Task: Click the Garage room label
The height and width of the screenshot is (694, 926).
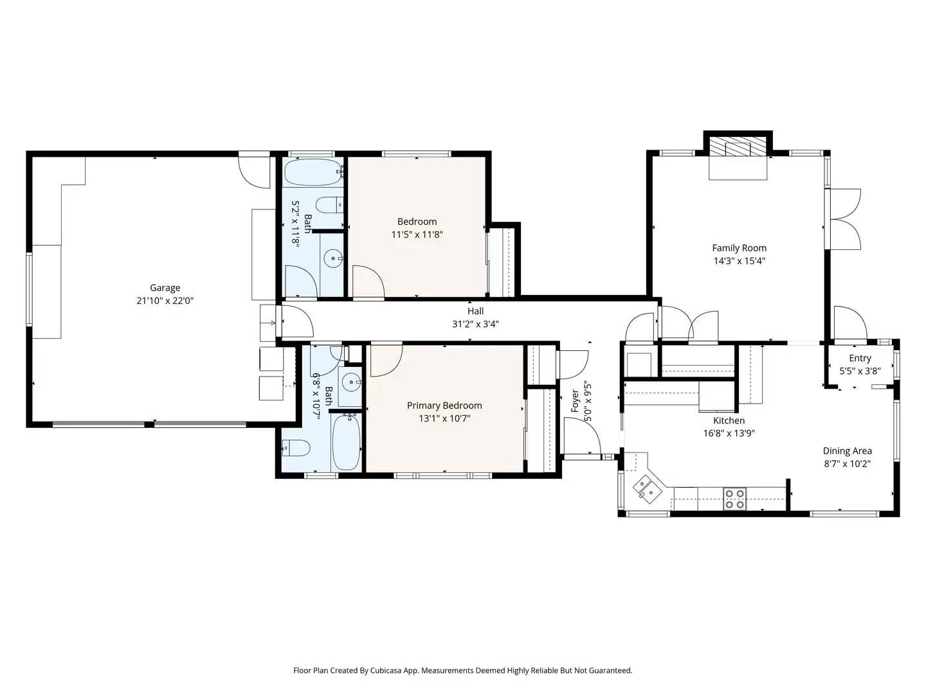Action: pos(165,288)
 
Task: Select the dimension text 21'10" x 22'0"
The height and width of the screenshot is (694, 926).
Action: pos(165,300)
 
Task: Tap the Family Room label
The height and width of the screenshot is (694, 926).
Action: pos(739,248)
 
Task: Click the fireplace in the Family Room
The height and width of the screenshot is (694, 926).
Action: pos(738,148)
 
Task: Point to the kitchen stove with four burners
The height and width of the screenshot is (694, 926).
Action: pos(734,499)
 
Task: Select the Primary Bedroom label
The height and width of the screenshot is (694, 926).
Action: pos(444,405)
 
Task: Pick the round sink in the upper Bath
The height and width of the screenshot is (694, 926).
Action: pos(333,259)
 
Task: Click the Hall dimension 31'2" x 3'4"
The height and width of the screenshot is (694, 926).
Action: pos(475,324)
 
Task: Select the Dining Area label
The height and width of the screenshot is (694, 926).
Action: pos(847,451)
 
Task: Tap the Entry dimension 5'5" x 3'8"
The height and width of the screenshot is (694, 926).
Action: pos(860,371)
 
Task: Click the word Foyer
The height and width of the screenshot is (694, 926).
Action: pos(576,401)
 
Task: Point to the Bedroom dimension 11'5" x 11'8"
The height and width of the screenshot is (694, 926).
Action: pos(417,235)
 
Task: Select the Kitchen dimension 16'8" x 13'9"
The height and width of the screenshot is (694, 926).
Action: pos(729,433)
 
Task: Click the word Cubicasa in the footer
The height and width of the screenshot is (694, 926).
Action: pos(386,670)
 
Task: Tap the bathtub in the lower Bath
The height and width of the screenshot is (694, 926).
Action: pos(346,442)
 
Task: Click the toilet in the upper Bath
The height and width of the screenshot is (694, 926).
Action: pos(331,204)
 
